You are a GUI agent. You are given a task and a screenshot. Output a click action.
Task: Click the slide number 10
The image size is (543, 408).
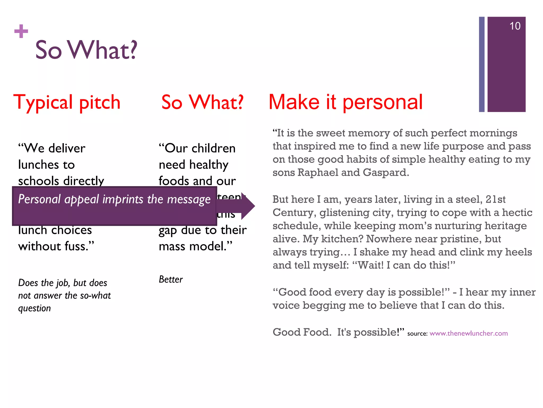[x=515, y=26]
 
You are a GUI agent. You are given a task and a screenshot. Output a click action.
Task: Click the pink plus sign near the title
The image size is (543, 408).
[x=21, y=31]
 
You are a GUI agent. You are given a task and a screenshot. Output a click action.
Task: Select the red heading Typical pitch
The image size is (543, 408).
[x=67, y=102]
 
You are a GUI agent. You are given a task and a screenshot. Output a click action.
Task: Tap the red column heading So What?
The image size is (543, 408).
[x=202, y=102]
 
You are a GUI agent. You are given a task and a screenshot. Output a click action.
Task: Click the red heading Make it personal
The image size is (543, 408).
[x=345, y=102]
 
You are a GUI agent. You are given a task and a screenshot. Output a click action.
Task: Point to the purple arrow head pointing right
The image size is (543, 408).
[x=248, y=206]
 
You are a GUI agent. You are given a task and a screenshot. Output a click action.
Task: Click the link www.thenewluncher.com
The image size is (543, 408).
[x=468, y=333]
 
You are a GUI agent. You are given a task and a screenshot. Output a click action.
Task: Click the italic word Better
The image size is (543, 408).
[x=170, y=279]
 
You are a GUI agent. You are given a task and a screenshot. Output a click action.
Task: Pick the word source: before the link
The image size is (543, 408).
[x=417, y=334]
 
